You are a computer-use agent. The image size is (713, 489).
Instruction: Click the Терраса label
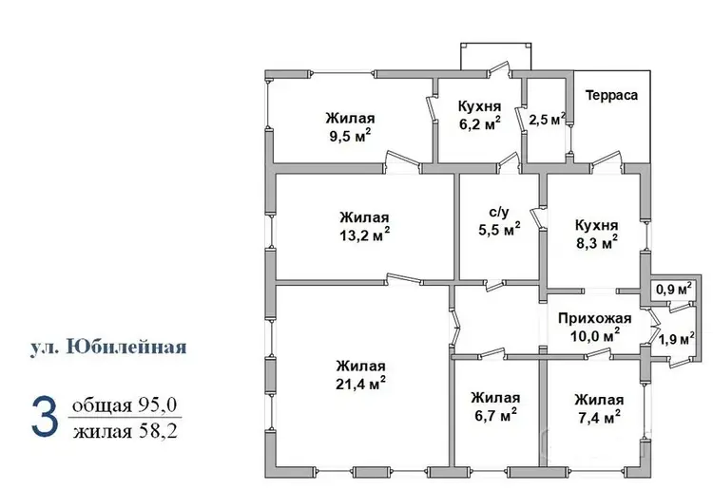coord(611,95)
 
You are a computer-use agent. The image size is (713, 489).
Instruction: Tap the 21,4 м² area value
coord(361,384)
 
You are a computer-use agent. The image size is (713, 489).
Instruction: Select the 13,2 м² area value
coord(365,235)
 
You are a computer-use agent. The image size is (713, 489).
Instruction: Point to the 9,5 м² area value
coord(350,136)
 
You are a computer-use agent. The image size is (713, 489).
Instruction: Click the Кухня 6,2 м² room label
coord(480,115)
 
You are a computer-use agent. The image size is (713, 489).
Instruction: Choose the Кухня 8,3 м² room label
coord(597,235)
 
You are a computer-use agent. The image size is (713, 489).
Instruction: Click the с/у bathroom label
coord(499,212)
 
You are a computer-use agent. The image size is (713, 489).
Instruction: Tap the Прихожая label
coord(595,318)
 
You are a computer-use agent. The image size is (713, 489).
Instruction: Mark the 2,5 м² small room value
coord(547,120)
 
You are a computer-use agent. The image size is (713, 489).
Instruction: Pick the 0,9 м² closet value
coord(674,290)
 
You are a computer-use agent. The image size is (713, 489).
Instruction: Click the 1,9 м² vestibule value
coord(677,338)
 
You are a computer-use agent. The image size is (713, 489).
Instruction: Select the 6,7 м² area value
coord(495,415)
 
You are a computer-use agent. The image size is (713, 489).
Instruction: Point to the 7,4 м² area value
coord(599,417)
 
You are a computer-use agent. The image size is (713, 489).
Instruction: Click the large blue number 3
coord(45,417)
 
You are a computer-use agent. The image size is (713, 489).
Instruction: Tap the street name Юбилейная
coord(126,347)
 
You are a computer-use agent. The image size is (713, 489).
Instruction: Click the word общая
coord(102,406)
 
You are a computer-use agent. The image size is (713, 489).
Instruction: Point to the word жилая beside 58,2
coord(103,431)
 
